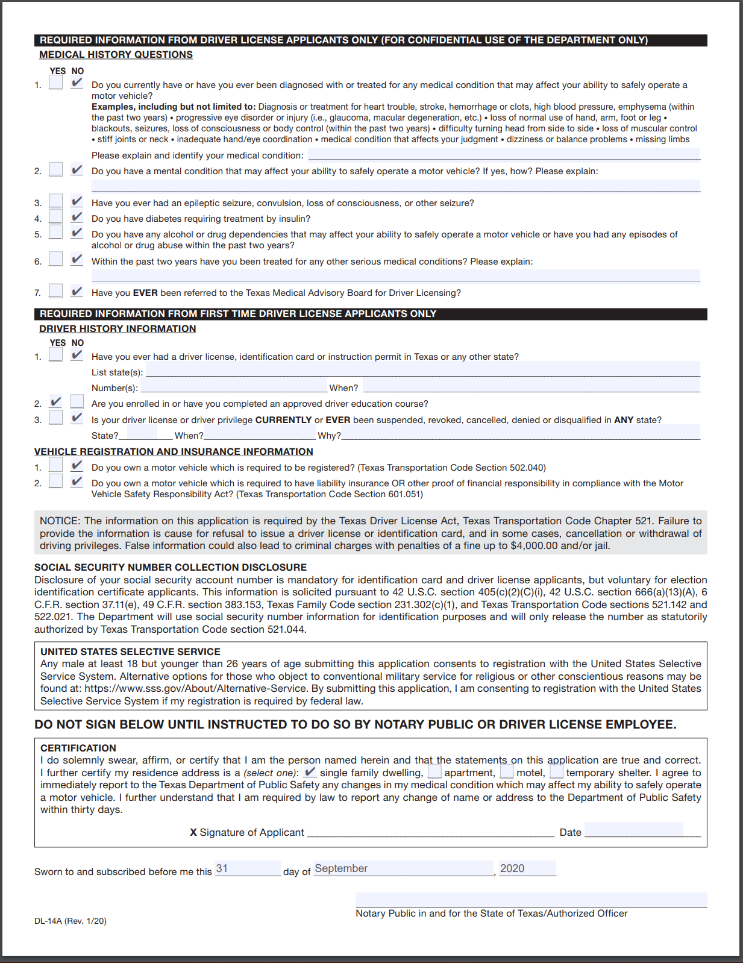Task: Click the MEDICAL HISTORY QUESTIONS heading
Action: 116,55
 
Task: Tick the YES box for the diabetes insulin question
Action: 55,217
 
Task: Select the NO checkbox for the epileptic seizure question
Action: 77,201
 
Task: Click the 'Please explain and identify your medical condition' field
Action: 504,154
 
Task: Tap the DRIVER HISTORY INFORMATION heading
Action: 118,329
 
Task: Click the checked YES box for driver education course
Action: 55,401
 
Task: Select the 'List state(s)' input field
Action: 422,370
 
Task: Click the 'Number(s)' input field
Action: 234,387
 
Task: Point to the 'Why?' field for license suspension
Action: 521,433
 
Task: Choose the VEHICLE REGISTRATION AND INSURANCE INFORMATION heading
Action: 174,452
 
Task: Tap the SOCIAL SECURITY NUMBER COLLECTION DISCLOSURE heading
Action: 171,568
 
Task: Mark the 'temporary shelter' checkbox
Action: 556,772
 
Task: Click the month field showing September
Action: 403,868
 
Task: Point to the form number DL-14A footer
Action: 71,921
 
